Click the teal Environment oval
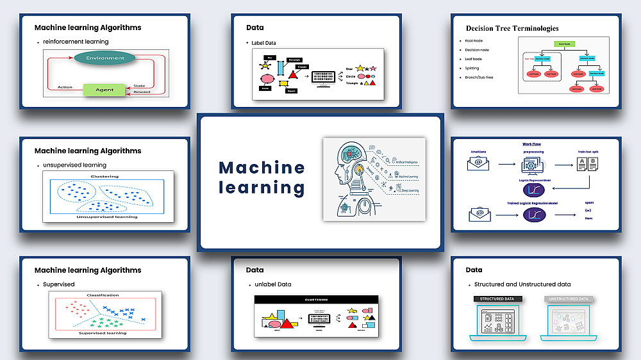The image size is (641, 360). [x=104, y=58]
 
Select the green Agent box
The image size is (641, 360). [x=104, y=90]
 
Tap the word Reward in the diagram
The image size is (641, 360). [x=142, y=92]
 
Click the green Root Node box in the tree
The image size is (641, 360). [x=565, y=44]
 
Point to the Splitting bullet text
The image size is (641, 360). [x=472, y=68]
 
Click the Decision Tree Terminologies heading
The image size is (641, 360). [x=512, y=28]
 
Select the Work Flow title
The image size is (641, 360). [x=531, y=144]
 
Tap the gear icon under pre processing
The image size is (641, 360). [x=532, y=165]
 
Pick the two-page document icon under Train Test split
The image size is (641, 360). [x=587, y=165]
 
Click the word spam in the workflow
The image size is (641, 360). [x=589, y=202]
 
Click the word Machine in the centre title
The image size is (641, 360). [x=262, y=168]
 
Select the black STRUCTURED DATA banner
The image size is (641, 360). [x=497, y=299]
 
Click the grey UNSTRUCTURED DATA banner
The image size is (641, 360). [x=568, y=299]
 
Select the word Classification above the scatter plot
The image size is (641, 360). [x=103, y=295]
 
